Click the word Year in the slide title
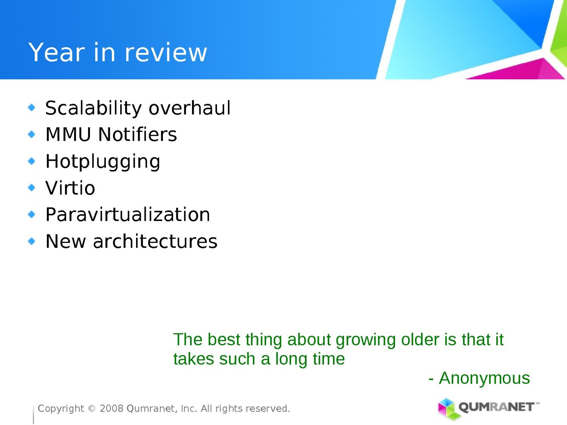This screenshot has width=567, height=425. click(57, 52)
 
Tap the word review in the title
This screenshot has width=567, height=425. click(166, 52)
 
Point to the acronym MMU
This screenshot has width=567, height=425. click(68, 134)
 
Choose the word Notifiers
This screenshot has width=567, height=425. click(137, 134)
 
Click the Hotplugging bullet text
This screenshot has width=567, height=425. click(103, 162)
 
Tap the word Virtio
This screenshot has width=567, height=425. click(70, 188)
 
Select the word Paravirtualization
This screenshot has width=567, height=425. click(128, 214)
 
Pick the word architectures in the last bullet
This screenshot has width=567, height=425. click(155, 241)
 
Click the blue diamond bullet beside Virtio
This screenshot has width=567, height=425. click(32, 188)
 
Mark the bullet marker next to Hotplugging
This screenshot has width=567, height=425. click(32, 161)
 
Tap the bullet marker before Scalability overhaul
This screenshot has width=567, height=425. click(32, 107)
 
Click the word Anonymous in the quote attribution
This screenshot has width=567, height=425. click(484, 378)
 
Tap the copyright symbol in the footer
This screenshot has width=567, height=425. click(92, 408)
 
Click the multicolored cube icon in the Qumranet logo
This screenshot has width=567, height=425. click(449, 409)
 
